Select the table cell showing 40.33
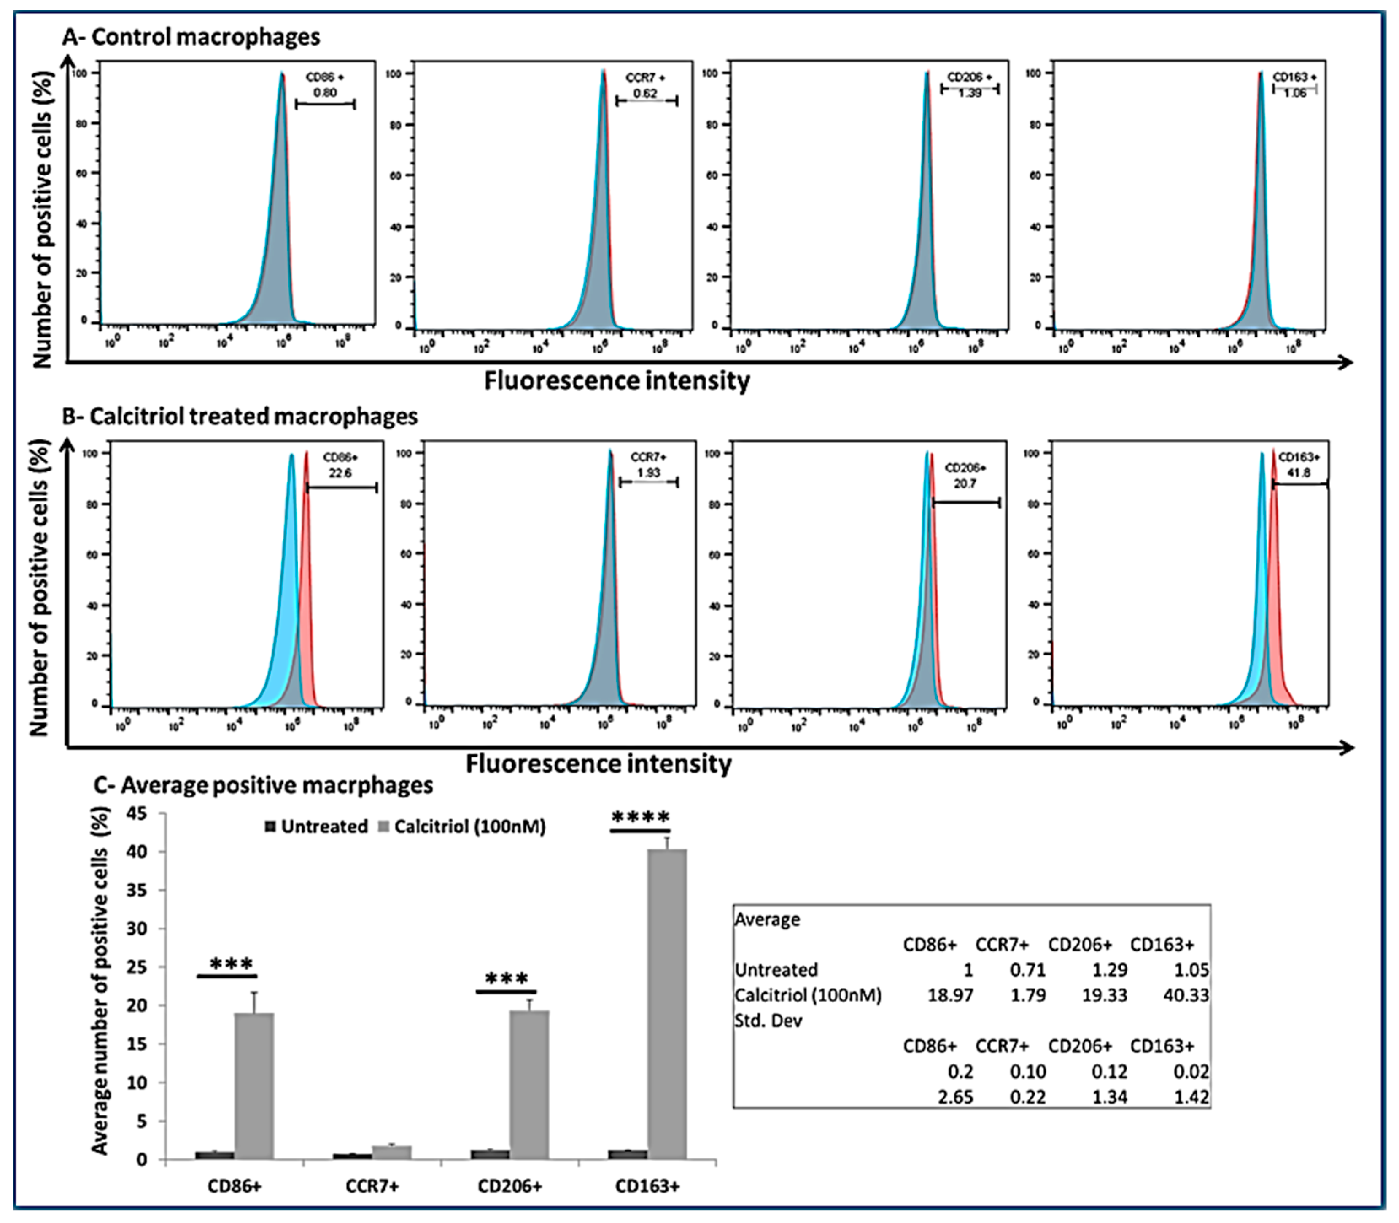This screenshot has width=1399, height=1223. coord(1186,995)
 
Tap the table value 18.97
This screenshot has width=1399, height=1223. coord(950,995)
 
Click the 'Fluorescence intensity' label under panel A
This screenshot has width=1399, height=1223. coord(617,381)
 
